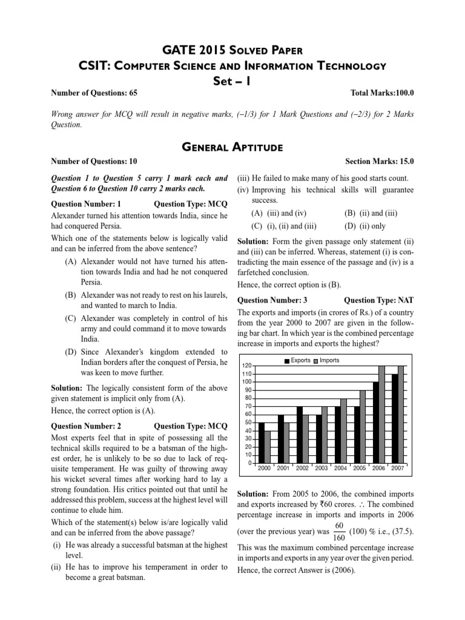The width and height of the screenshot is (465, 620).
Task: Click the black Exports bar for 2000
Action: (x=262, y=443)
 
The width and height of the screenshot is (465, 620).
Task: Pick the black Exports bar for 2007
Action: (x=395, y=418)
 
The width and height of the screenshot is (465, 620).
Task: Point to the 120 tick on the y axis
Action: (x=246, y=366)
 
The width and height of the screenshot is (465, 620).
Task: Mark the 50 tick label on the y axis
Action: (x=246, y=423)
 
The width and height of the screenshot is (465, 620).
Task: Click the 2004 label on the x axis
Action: (x=340, y=469)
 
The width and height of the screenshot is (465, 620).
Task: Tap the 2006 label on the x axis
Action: (x=378, y=469)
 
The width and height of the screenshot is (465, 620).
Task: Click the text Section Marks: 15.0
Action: (x=380, y=162)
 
